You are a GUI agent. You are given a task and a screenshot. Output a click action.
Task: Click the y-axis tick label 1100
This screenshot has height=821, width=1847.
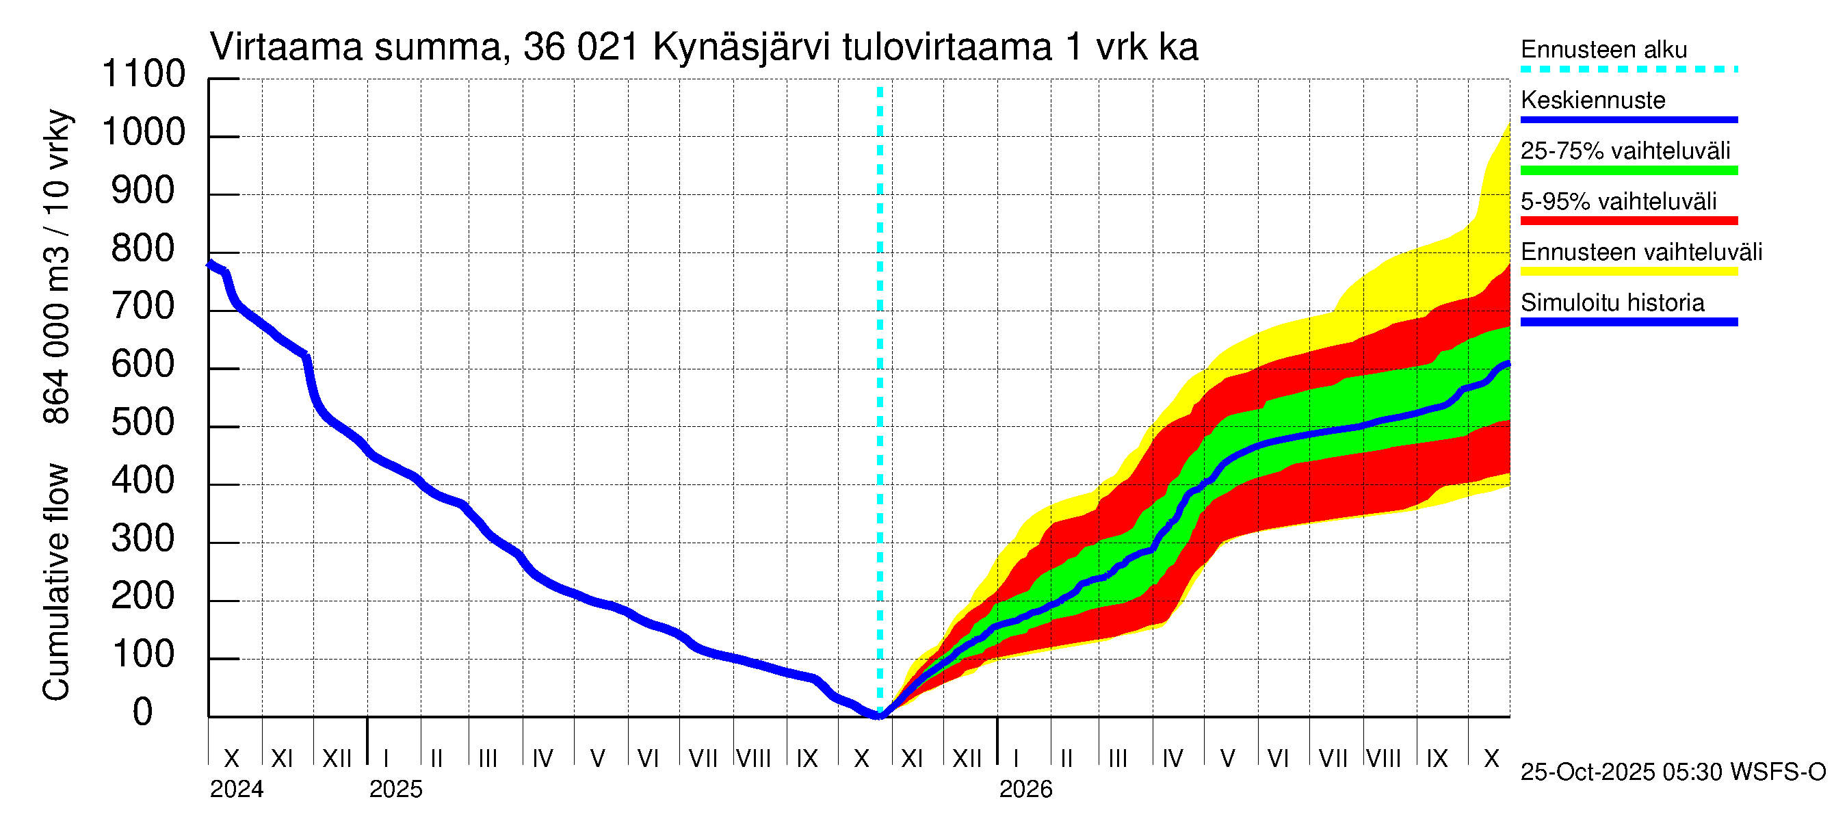[x=144, y=75]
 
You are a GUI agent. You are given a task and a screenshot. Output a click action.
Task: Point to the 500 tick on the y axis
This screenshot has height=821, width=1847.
[x=144, y=423]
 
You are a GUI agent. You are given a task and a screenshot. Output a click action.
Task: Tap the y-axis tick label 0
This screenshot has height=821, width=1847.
[x=144, y=713]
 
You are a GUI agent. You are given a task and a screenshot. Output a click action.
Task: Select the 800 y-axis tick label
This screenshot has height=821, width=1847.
[x=144, y=249]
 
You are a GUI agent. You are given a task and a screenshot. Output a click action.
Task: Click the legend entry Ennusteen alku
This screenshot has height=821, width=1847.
[x=1604, y=50]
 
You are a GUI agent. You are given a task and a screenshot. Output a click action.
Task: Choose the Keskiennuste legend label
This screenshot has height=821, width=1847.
[x=1593, y=101]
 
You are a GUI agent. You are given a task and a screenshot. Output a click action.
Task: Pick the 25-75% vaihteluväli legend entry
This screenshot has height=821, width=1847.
[x=1625, y=151]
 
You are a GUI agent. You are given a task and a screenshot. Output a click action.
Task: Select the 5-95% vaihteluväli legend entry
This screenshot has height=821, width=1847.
[x=1619, y=201]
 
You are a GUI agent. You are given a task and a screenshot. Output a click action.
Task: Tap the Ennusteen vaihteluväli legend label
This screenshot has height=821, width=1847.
[x=1641, y=252]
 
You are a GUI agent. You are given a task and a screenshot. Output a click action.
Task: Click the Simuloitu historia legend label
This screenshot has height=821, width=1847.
[x=1612, y=303]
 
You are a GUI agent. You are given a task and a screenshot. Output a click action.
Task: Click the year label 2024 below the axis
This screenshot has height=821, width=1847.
[x=237, y=790]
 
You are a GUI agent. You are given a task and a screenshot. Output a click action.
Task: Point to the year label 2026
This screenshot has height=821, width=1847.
[x=1025, y=790]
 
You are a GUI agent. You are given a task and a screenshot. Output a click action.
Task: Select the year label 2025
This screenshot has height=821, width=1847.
[x=396, y=790]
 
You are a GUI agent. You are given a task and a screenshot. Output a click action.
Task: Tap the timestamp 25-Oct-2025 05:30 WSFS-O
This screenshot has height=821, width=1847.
[x=1673, y=772]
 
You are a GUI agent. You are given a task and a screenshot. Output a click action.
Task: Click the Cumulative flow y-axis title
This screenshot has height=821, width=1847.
[x=56, y=582]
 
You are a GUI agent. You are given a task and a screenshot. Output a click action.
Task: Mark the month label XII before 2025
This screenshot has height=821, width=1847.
[x=337, y=759]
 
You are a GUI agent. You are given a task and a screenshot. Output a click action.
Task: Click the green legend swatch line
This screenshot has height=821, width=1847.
[x=1628, y=170]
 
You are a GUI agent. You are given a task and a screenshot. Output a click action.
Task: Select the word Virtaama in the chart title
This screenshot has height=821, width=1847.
[x=286, y=47]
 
